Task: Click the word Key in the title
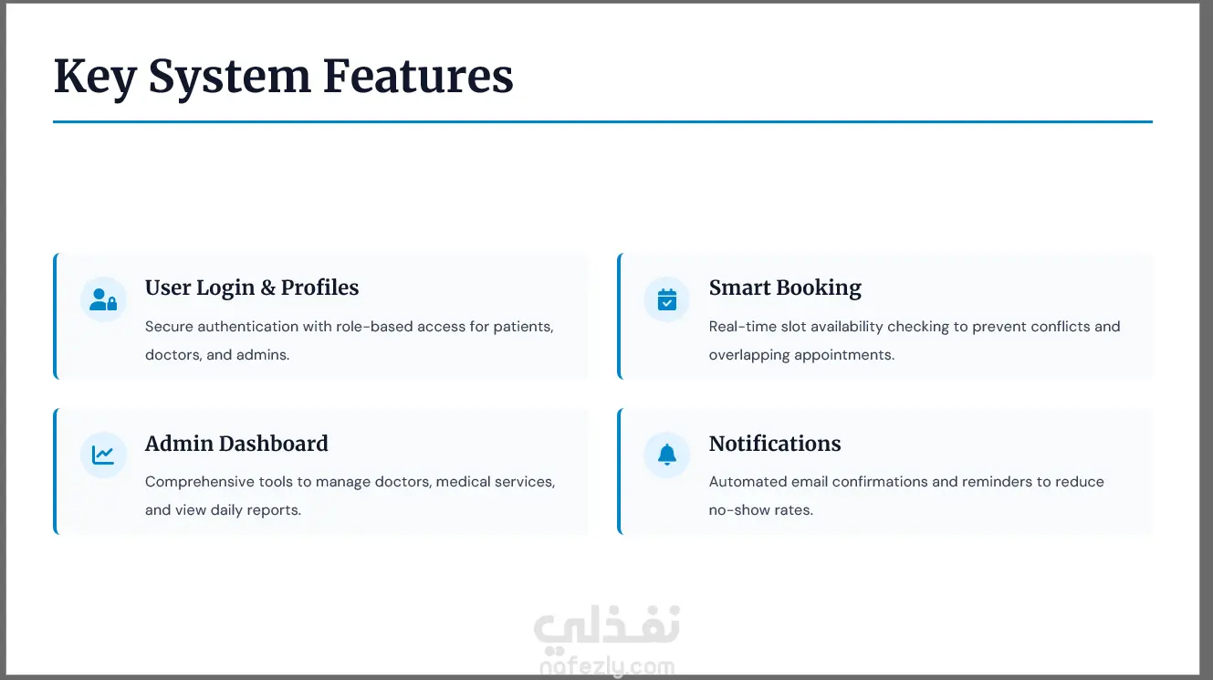pos(95,78)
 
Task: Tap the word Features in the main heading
pos(418,76)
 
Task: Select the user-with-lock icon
pos(103,299)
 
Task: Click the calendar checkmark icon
pos(667,299)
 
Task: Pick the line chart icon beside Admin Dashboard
pos(103,455)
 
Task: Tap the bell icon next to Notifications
pos(667,455)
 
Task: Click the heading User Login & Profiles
pos(252,288)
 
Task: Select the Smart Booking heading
pos(785,288)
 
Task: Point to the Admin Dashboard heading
pos(236,444)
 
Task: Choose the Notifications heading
pos(775,444)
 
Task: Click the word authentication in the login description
pos(248,327)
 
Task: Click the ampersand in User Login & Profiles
pos(267,288)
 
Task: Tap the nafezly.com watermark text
pos(607,667)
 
